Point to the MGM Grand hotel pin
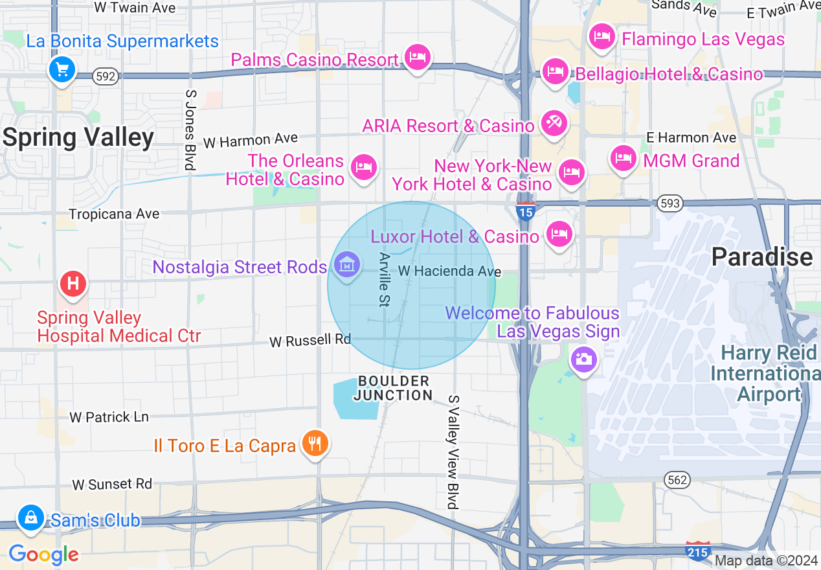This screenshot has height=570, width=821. click(x=624, y=157)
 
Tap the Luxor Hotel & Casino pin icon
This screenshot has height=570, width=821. click(x=559, y=234)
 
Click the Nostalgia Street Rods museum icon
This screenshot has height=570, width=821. click(x=348, y=264)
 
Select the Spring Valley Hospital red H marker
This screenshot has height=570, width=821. click(x=73, y=284)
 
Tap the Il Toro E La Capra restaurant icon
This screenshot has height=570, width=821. click(x=315, y=444)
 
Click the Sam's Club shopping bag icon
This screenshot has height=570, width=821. click(x=30, y=518)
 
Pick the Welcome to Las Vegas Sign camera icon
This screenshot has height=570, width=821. click(x=583, y=359)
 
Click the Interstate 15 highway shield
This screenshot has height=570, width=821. click(x=526, y=211)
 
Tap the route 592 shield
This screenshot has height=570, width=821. click(x=106, y=76)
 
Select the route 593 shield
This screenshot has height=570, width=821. click(x=669, y=204)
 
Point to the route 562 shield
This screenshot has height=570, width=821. click(x=677, y=480)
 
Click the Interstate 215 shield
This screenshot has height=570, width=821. click(x=698, y=550)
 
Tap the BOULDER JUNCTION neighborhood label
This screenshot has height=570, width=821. click(x=394, y=388)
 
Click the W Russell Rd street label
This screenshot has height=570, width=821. click(x=310, y=340)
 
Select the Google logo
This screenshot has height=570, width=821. click(x=43, y=554)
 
